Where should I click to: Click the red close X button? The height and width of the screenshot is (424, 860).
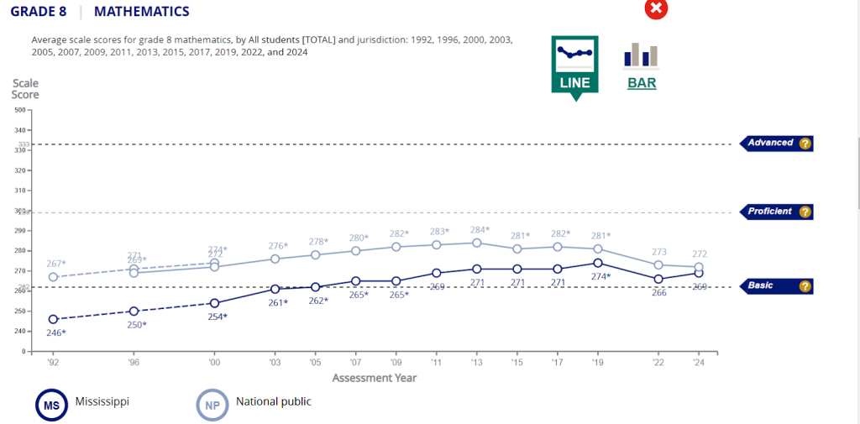[x=656, y=8]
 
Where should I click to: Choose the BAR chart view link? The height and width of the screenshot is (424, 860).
[x=642, y=83]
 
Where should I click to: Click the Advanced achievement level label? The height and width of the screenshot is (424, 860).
[x=770, y=143]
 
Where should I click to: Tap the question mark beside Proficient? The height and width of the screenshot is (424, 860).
[x=805, y=212]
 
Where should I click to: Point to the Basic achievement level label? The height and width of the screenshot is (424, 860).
[x=761, y=285]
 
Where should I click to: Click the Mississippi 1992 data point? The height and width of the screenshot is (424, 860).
[x=54, y=319]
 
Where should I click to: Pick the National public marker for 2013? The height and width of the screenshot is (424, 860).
[x=477, y=243]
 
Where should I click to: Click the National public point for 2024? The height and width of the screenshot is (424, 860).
[x=699, y=267]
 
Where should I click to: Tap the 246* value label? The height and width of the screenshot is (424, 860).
[x=56, y=333]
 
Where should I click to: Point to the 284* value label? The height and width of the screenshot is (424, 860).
[x=480, y=229]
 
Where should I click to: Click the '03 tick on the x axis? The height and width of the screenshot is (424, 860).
[x=275, y=364]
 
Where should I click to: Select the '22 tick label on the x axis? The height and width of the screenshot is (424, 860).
[x=658, y=364]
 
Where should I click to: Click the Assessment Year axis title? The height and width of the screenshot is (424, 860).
[x=374, y=378]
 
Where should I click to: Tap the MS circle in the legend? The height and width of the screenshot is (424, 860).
[x=50, y=406]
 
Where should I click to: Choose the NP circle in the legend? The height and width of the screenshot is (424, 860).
[x=212, y=406]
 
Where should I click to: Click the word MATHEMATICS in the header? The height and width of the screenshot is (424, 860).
[x=142, y=12]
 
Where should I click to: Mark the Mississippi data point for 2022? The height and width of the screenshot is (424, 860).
[x=658, y=279]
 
